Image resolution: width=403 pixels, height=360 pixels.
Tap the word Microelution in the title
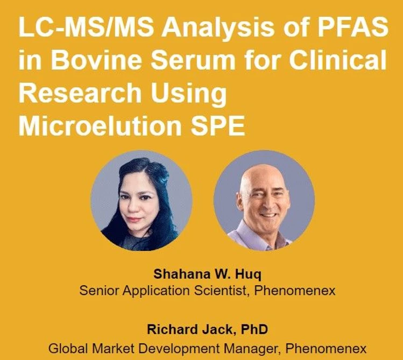click(102, 127)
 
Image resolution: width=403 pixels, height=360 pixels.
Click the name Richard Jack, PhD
click(207, 329)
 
